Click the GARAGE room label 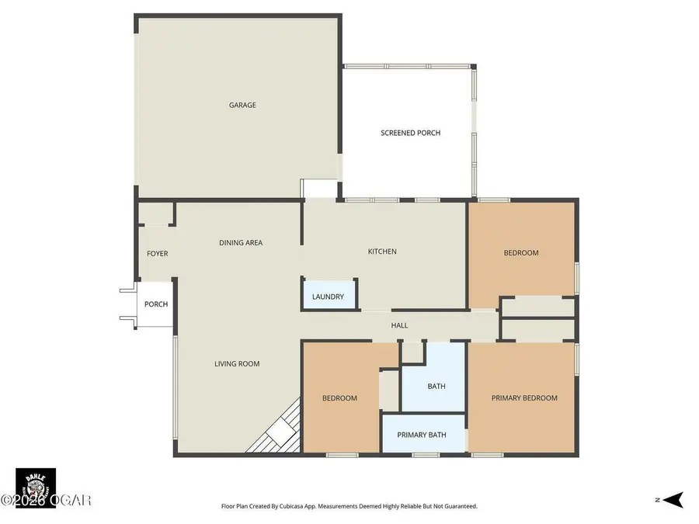coord(242,106)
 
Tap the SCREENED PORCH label coord(410,133)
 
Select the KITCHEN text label coord(382,252)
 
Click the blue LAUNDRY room coord(328,297)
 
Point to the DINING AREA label coord(240,243)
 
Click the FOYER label coord(157,254)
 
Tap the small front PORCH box coord(155,304)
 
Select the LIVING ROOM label coord(237,363)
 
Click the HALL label coord(399,325)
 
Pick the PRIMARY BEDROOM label coord(524,398)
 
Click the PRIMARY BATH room coord(421,435)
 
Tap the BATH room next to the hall coord(436,386)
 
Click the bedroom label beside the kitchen coord(520,253)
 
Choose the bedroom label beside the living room coord(339,398)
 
